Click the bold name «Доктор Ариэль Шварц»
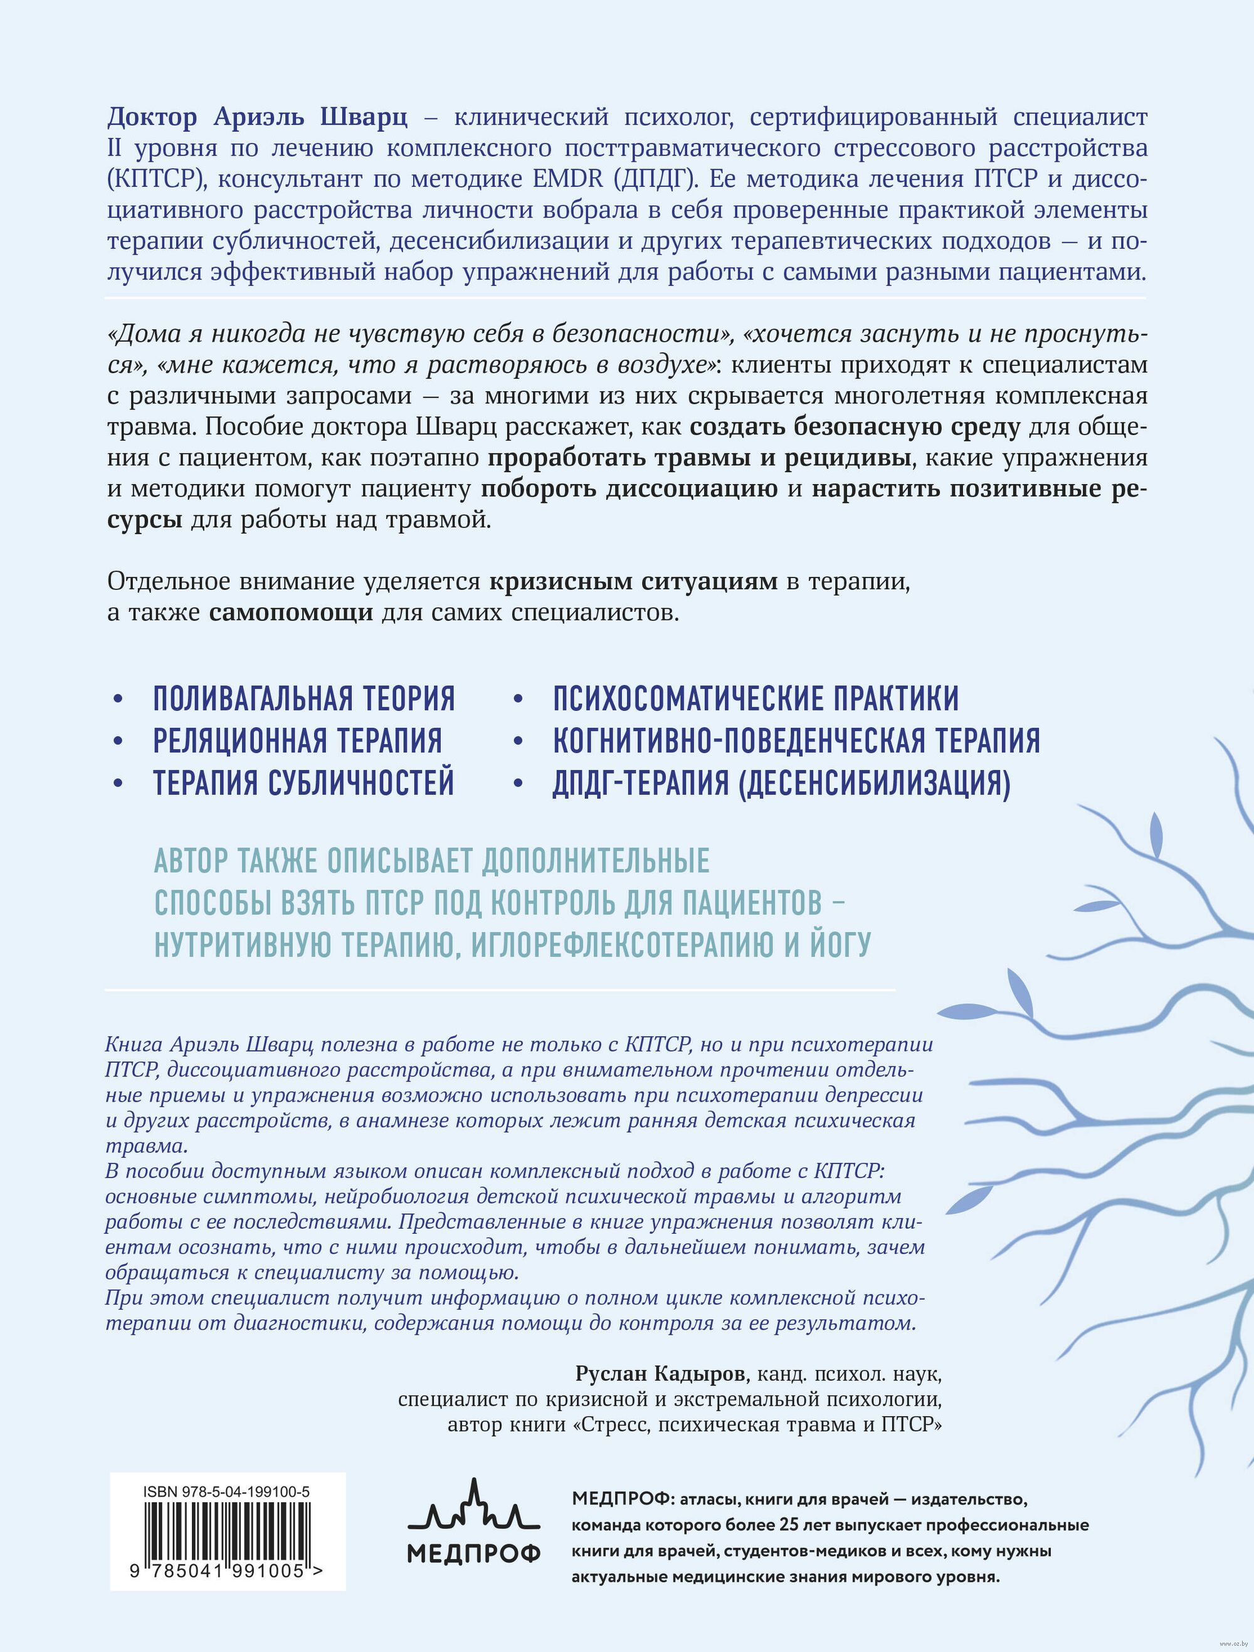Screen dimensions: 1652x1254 [x=258, y=117]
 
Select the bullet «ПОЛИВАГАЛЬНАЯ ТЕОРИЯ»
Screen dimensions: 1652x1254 [x=304, y=698]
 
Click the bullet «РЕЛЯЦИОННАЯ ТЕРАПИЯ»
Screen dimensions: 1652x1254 [x=297, y=740]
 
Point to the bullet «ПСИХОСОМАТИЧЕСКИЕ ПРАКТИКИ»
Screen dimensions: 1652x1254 [x=755, y=698]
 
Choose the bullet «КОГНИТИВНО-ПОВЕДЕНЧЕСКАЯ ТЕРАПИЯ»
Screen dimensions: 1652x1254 [x=796, y=740]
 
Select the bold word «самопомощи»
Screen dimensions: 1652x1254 [x=290, y=613]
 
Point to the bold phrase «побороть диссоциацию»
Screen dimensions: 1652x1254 [x=630, y=489]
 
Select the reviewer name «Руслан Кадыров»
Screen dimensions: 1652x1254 [x=660, y=1374]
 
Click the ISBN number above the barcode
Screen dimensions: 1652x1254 [x=226, y=1492]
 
